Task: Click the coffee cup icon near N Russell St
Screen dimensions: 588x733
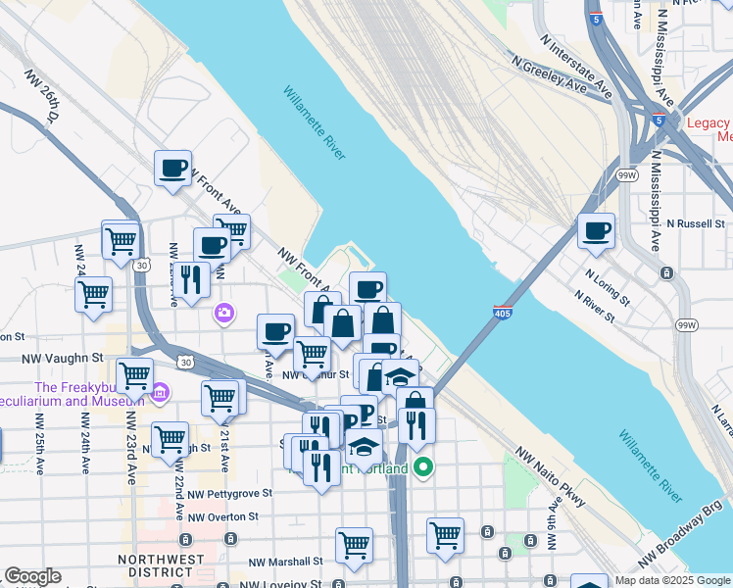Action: pos(596,232)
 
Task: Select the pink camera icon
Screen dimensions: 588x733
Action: pos(224,313)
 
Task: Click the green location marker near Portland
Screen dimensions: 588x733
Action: pos(423,466)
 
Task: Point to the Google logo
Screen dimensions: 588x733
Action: pos(32,577)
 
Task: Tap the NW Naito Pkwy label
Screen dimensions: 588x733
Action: pos(550,484)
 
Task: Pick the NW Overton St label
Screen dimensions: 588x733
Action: pos(222,516)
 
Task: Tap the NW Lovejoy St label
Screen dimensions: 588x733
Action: pos(283,584)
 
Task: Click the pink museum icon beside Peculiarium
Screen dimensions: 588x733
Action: pos(161,393)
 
